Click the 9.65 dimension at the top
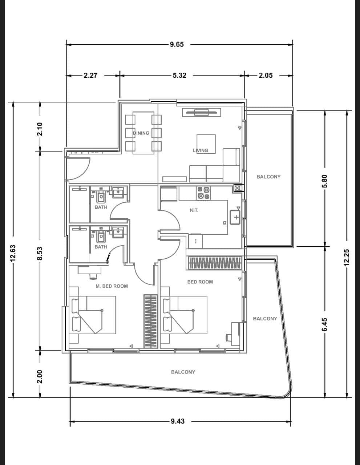(177, 45)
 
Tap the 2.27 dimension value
(90, 75)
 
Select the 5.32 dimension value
(179, 75)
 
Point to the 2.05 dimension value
(266, 75)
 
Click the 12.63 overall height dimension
(13, 253)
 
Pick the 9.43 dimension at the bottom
(178, 421)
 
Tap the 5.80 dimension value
(324, 181)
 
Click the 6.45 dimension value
(324, 325)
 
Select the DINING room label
(141, 133)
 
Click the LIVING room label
(201, 150)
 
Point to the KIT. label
(194, 210)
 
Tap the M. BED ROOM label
(112, 286)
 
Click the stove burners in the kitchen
(203, 193)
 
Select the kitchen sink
(235, 217)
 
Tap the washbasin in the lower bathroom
(118, 232)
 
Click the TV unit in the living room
(201, 113)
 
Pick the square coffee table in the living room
(206, 144)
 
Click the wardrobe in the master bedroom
(151, 321)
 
